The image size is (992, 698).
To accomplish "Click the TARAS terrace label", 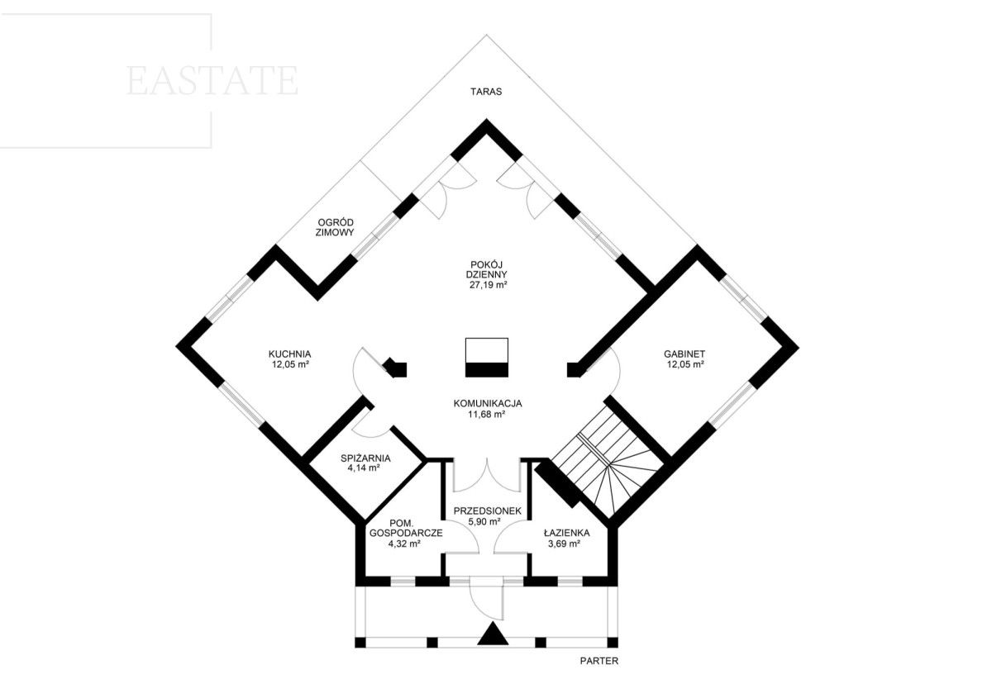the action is click(486, 92).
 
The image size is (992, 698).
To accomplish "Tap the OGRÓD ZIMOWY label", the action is click(335, 227).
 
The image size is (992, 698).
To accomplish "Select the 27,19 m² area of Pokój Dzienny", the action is click(488, 285).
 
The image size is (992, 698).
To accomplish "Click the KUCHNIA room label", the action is click(289, 354).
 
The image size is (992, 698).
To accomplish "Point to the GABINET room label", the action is click(684, 354).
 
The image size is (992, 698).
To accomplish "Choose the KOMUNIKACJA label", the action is click(488, 404).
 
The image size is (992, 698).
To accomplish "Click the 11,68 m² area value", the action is click(487, 415).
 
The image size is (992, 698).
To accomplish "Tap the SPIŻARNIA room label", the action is click(365, 458).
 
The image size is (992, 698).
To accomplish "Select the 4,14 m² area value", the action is click(365, 468).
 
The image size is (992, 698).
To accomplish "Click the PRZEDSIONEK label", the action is click(488, 510).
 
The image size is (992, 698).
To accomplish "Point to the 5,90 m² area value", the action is click(484, 521).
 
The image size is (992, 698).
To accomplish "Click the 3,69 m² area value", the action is click(564, 544).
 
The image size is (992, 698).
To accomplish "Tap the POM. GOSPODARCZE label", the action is click(406, 528).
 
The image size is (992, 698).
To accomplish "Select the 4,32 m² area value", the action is click(404, 544).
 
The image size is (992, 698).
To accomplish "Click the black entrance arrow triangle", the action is click(493, 634).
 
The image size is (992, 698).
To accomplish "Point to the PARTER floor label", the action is click(599, 661).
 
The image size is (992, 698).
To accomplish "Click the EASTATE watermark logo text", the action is click(212, 81).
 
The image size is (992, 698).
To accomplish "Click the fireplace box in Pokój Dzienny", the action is click(487, 358).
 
